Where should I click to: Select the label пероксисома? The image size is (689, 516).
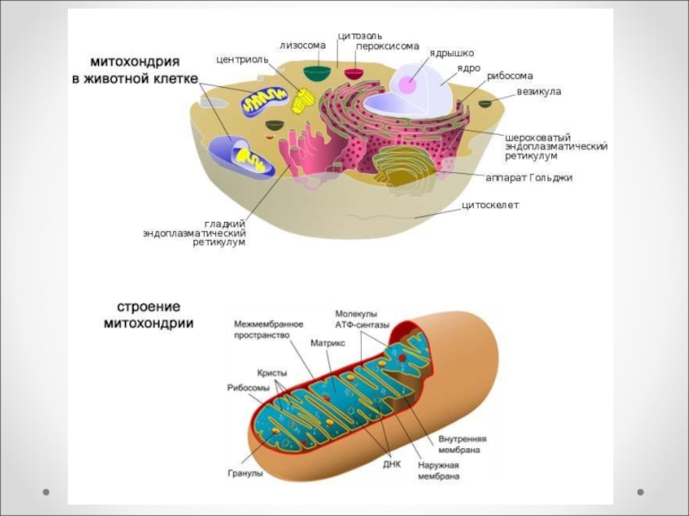click(388, 46)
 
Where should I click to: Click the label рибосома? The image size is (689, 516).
click(510, 76)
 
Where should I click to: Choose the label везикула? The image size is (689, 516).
click(539, 90)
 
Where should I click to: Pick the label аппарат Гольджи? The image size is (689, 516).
click(529, 177)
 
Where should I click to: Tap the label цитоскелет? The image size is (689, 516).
click(491, 205)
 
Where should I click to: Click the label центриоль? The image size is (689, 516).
click(241, 60)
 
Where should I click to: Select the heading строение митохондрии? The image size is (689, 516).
click(148, 316)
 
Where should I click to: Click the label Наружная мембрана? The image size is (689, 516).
click(439, 470)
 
